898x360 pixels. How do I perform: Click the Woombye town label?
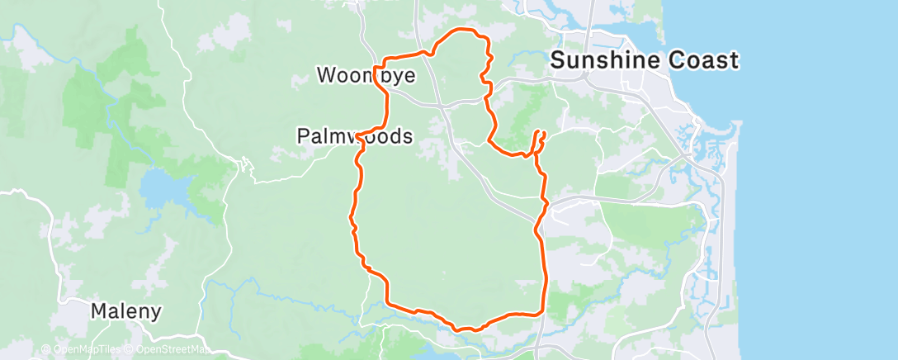[366, 75]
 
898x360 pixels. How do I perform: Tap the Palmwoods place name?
[355, 136]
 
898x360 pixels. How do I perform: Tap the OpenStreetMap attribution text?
[173, 350]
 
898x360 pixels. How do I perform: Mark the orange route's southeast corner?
[541, 313]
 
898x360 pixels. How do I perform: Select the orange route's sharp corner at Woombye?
[376, 67]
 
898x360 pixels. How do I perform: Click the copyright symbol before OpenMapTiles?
[45, 350]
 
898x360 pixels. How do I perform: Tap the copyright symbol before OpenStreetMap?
[130, 350]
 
